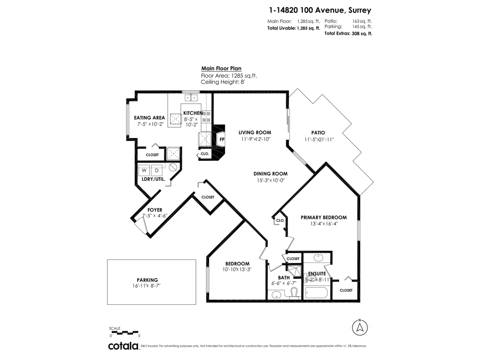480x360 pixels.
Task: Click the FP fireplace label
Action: [222, 140]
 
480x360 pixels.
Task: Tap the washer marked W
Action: [144, 170]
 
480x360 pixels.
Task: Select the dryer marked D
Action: [156, 170]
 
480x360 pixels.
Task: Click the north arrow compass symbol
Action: [360, 327]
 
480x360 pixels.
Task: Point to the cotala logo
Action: [123, 346]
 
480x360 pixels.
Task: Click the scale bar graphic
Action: [124, 332]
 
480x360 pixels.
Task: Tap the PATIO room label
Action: [318, 133]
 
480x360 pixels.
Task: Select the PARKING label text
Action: [147, 280]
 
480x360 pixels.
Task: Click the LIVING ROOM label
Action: [255, 132]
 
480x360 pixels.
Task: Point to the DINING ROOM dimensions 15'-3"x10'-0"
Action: [270, 180]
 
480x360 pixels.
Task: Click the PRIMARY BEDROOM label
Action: [324, 218]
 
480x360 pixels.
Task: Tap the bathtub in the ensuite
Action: [316, 292]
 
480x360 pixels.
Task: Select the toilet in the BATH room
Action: [294, 293]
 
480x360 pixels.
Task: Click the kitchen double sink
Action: [191, 97]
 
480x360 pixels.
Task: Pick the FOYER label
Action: [155, 210]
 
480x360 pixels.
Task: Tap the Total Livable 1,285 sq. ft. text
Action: [294, 28]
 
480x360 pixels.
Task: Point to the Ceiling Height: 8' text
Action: [222, 81]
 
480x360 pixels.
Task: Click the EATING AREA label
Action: [150, 118]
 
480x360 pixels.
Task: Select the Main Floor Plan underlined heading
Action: [221, 68]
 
